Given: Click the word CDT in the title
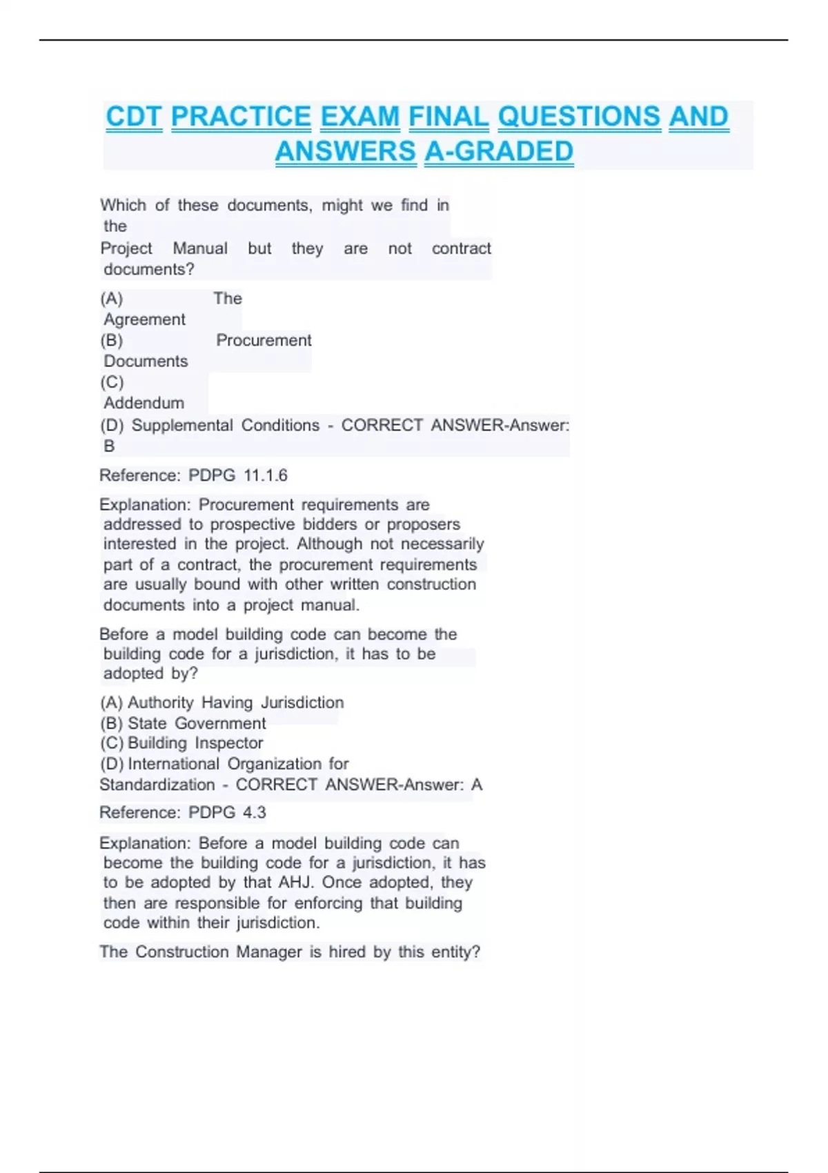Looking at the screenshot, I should (134, 117).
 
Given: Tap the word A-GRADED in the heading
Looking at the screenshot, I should (498, 151).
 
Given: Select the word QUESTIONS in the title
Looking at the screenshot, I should (579, 117).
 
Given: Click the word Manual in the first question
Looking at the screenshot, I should (199, 248).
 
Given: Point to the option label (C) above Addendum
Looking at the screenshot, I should (112, 382).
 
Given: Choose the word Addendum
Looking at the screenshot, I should (144, 403).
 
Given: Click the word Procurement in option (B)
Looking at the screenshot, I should (264, 340).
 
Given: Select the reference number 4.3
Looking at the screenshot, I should (254, 812).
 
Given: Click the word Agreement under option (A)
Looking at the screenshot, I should (144, 319).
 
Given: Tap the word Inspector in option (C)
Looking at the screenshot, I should (229, 743).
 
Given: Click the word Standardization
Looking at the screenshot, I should (157, 785).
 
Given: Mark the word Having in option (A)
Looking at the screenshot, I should (227, 702).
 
